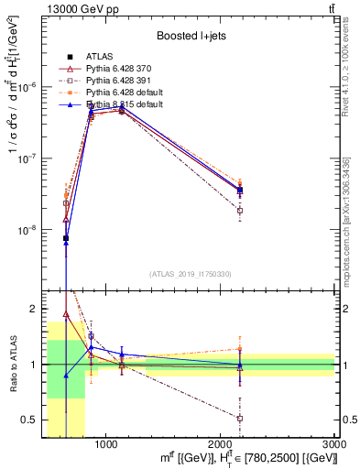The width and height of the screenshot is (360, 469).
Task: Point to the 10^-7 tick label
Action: tap(28, 158)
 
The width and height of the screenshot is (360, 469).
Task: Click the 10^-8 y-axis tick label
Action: tap(28, 231)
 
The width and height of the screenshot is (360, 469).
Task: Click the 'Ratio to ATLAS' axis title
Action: tap(13, 364)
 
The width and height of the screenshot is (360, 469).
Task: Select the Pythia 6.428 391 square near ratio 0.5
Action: tap(240, 418)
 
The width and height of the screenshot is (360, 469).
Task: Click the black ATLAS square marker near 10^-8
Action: tap(66, 238)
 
